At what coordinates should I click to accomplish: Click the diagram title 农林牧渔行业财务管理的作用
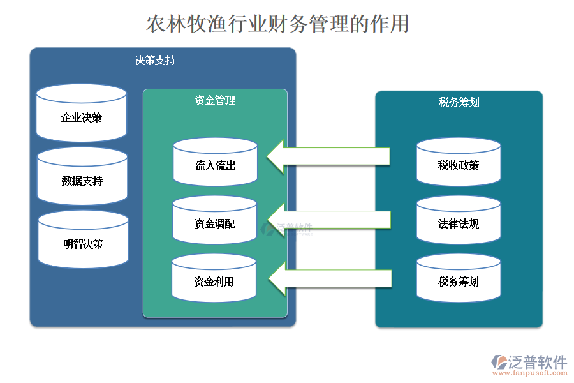tap(277, 24)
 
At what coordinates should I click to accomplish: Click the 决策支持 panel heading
tap(155, 61)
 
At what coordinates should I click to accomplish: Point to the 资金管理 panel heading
tap(215, 100)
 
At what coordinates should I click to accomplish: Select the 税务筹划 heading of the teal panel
tap(459, 102)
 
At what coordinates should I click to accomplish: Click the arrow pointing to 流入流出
tap(328, 156)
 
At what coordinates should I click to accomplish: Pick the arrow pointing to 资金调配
tap(328, 220)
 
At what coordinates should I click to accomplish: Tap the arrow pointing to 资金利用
tap(328, 278)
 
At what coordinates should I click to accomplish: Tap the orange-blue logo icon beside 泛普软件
tap(498, 363)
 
